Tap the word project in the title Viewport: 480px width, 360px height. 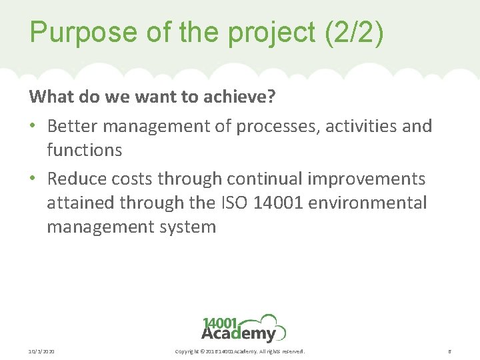click(x=254, y=33)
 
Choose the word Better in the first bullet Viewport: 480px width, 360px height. click(x=71, y=125)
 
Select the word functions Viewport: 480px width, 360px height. click(x=84, y=151)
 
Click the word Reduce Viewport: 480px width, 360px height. click(x=75, y=179)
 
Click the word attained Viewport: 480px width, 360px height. click(x=77, y=203)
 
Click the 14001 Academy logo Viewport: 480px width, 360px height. click(x=243, y=328)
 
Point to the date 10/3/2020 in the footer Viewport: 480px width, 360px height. click(x=42, y=351)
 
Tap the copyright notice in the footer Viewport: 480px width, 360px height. click(x=239, y=351)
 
